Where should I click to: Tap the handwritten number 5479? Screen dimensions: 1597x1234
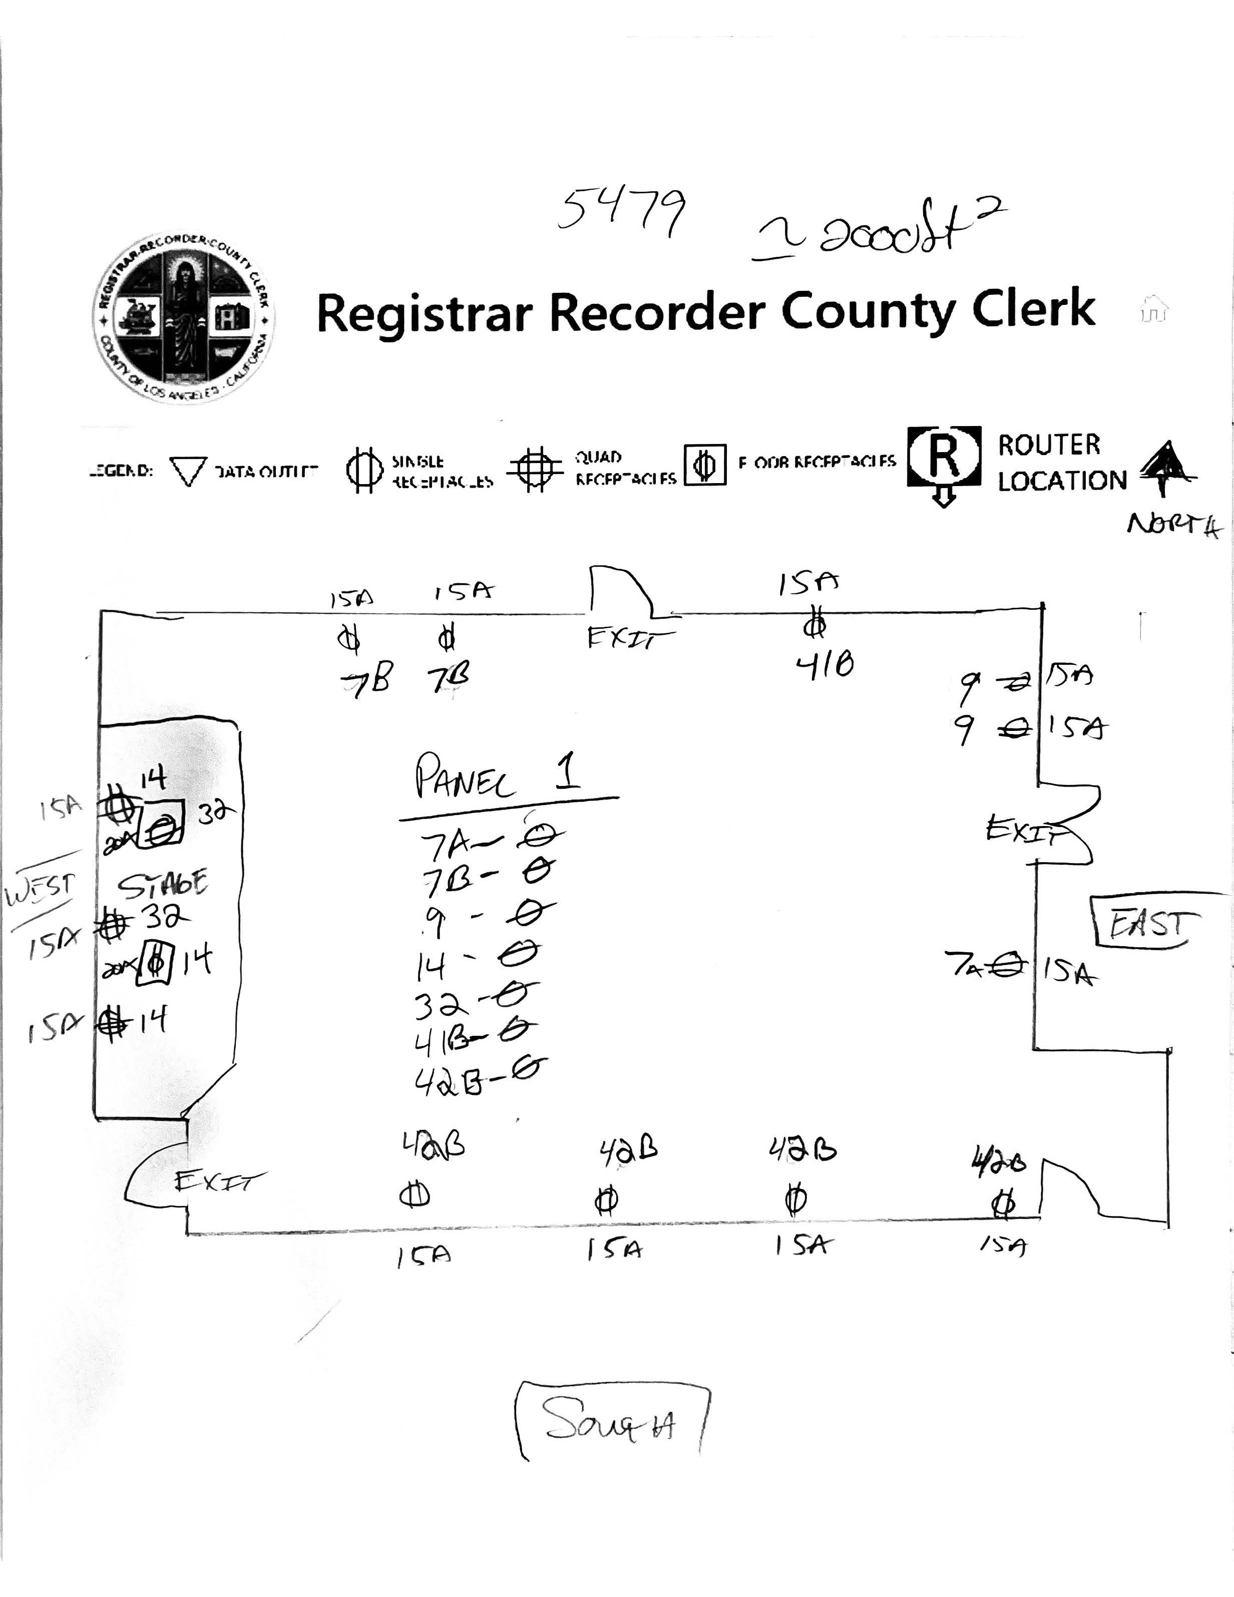[621, 212]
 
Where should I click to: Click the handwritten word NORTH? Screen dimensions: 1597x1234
[1173, 525]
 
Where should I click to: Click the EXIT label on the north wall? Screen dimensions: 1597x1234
[630, 638]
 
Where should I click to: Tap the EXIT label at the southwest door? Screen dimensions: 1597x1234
[219, 1180]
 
